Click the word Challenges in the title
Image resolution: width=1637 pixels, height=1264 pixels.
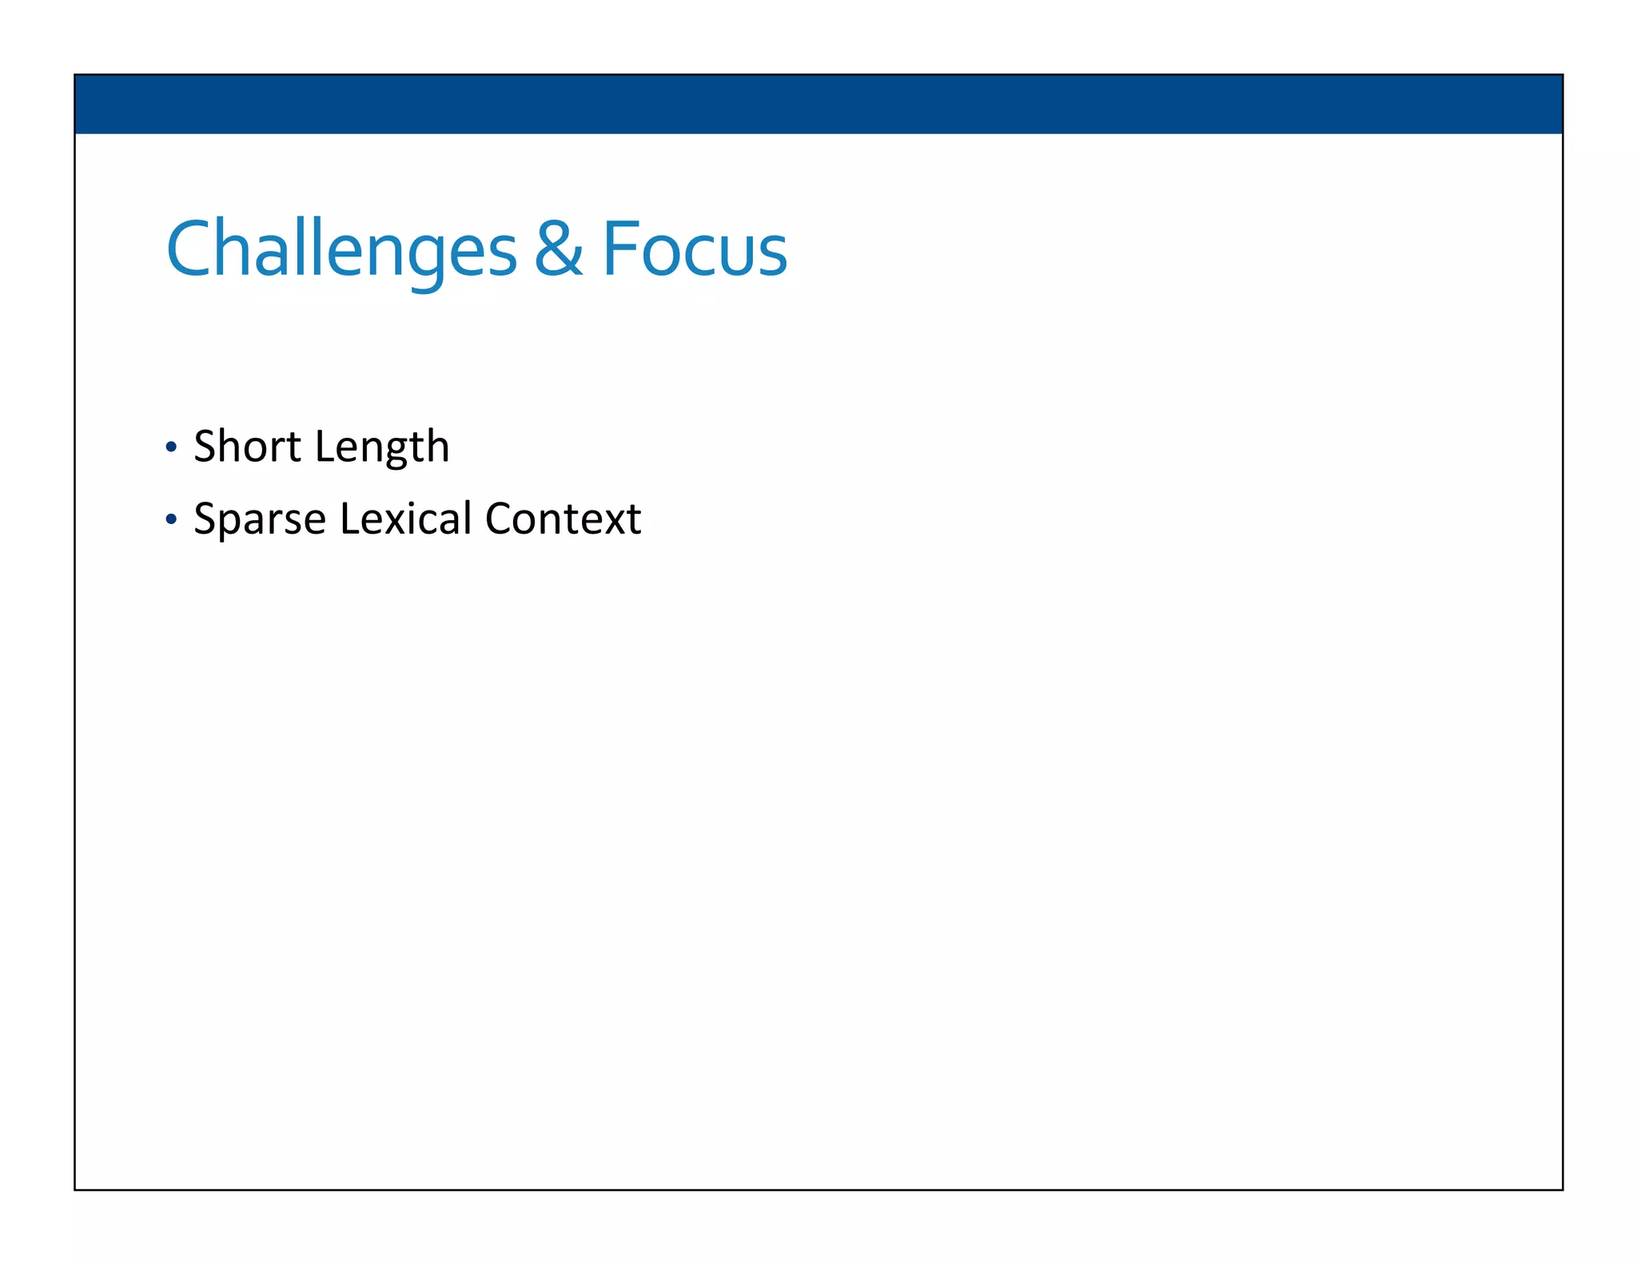pyautogui.click(x=341, y=249)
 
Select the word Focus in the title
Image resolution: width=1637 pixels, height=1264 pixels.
pyautogui.click(x=694, y=249)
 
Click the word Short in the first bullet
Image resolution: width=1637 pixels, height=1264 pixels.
pyautogui.click(x=248, y=446)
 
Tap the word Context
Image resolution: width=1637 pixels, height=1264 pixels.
pyautogui.click(x=563, y=519)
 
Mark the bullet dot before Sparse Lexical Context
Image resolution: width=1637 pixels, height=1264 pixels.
pyautogui.click(x=170, y=519)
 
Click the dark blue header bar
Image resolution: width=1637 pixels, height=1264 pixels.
pyautogui.click(x=818, y=104)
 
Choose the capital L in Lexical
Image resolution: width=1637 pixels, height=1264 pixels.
pyautogui.click(x=348, y=519)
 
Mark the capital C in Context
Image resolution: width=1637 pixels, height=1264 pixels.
pyautogui.click(x=500, y=519)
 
